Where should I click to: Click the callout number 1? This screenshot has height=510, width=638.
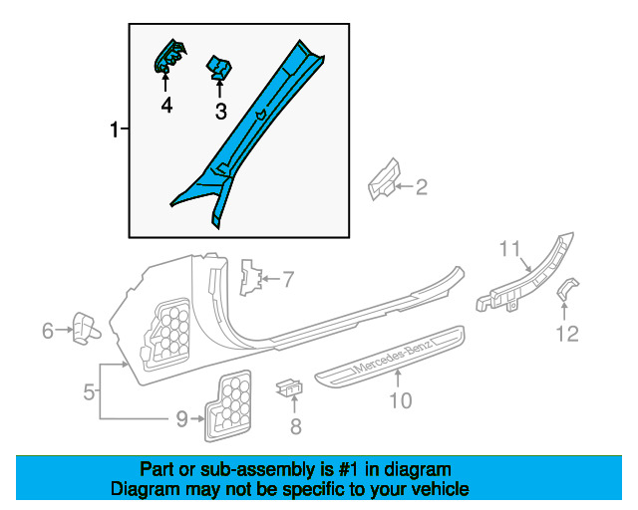click(x=115, y=129)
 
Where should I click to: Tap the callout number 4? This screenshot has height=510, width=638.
click(x=166, y=104)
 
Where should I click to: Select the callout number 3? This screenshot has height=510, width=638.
click(x=221, y=112)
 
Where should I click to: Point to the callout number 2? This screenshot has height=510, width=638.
click(x=421, y=185)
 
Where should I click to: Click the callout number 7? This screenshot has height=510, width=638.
click(x=288, y=280)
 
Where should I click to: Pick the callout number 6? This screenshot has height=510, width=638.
click(x=48, y=331)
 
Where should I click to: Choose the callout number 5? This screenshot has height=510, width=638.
click(x=89, y=392)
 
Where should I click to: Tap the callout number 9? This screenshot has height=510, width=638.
click(x=182, y=419)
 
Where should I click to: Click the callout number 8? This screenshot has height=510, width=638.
click(x=295, y=427)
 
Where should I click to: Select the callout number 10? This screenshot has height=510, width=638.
click(x=399, y=401)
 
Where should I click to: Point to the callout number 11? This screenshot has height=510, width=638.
click(x=510, y=248)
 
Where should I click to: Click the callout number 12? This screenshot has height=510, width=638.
click(x=566, y=334)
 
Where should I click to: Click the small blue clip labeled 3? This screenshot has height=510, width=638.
click(x=219, y=68)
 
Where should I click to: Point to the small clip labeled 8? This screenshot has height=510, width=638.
click(x=289, y=386)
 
